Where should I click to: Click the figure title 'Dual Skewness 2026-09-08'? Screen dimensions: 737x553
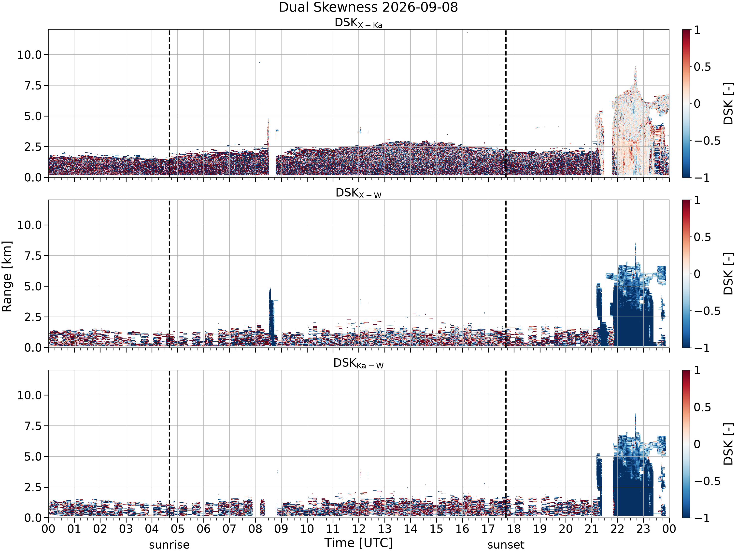[368, 7]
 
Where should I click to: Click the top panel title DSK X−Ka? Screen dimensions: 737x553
[358, 23]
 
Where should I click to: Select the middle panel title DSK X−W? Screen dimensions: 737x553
[358, 193]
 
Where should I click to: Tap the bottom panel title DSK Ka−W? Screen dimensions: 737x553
[358, 364]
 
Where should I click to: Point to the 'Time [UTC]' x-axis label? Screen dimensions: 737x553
[358, 543]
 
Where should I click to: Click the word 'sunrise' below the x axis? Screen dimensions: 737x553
[169, 545]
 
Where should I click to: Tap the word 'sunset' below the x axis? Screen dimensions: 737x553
[506, 545]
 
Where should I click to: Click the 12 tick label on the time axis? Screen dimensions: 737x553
[359, 529]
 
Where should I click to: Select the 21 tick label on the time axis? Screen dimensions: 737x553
[591, 529]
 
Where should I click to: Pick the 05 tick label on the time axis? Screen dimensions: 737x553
[178, 529]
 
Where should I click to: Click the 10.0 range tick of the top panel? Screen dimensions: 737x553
[30, 55]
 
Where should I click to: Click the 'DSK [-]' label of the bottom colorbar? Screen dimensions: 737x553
[729, 444]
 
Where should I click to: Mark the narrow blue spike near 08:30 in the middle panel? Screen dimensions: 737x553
[271, 317]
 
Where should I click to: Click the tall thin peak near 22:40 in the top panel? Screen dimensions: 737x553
[635, 77]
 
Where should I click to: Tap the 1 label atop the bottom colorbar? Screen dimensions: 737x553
[697, 371]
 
